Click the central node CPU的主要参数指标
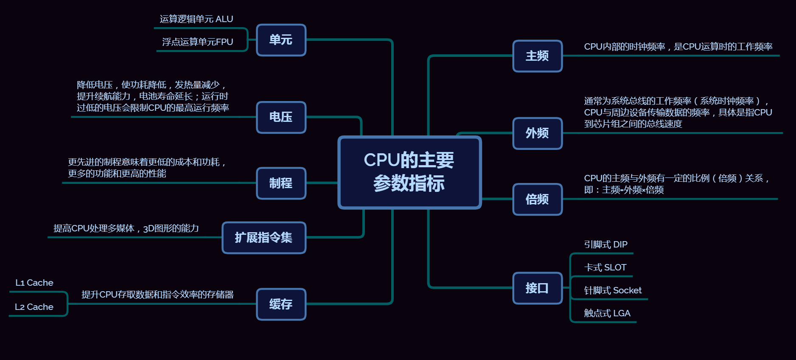[409, 172]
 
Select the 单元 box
[281, 40]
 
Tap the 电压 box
[281, 117]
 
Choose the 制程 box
[281, 183]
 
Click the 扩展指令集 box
[263, 238]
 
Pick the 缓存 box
[281, 304]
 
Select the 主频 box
[537, 56]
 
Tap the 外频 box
[537, 133]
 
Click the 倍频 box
[537, 199]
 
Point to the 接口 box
[537, 288]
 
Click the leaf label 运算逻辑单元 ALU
[196, 19]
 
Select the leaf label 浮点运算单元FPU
[197, 42]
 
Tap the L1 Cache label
[34, 283]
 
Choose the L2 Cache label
[34, 307]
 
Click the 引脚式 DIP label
[605, 245]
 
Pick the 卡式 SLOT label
[605, 267]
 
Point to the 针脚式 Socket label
[613, 290]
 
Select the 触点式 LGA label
[607, 313]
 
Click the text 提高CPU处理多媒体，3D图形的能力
[126, 228]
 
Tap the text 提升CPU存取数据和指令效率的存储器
[157, 295]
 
